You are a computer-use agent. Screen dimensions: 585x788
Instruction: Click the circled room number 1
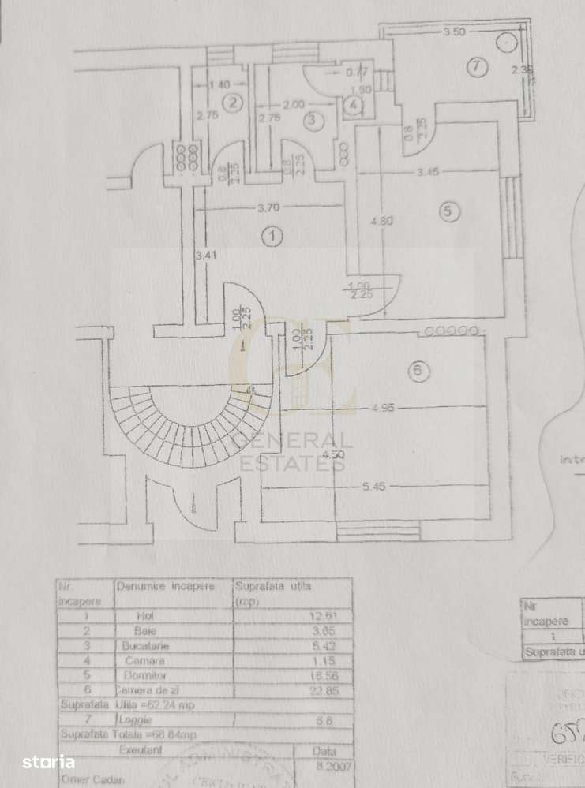coord(272,236)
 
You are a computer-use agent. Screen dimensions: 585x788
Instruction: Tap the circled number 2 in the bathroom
coord(231,102)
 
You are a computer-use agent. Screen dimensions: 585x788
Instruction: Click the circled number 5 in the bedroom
coord(447,211)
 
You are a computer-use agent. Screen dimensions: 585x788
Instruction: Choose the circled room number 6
coord(418,370)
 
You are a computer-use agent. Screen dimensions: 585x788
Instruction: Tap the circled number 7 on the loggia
coord(475,68)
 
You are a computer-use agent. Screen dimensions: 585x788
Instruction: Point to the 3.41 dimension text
coord(204,255)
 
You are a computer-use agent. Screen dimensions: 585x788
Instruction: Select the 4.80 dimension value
coord(382,222)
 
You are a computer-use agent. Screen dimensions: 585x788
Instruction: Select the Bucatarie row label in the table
coord(145,645)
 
